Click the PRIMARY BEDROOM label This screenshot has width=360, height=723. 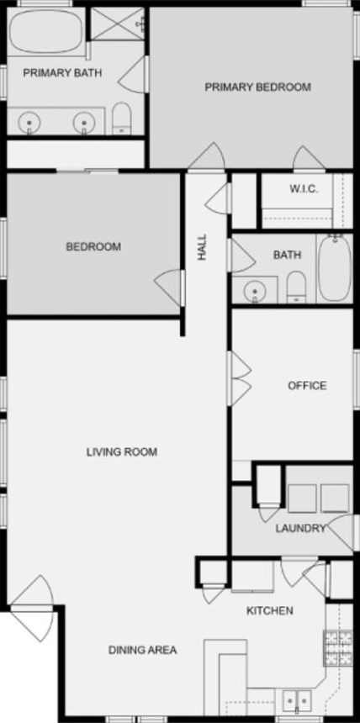258,87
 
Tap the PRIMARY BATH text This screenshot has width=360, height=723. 62,72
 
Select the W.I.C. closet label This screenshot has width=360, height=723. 304,188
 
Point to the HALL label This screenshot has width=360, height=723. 202,246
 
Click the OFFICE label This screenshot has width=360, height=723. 307,386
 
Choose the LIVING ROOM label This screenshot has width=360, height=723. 122,451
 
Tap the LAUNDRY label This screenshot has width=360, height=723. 300,528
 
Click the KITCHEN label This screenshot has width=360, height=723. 269,610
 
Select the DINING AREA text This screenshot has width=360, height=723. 142,649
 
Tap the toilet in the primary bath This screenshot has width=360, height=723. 122,119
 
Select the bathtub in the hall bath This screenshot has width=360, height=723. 334,267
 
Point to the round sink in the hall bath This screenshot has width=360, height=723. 254,291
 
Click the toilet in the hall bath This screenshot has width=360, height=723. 296,288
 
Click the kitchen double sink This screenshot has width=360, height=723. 294,699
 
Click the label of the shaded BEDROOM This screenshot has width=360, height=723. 93,246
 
